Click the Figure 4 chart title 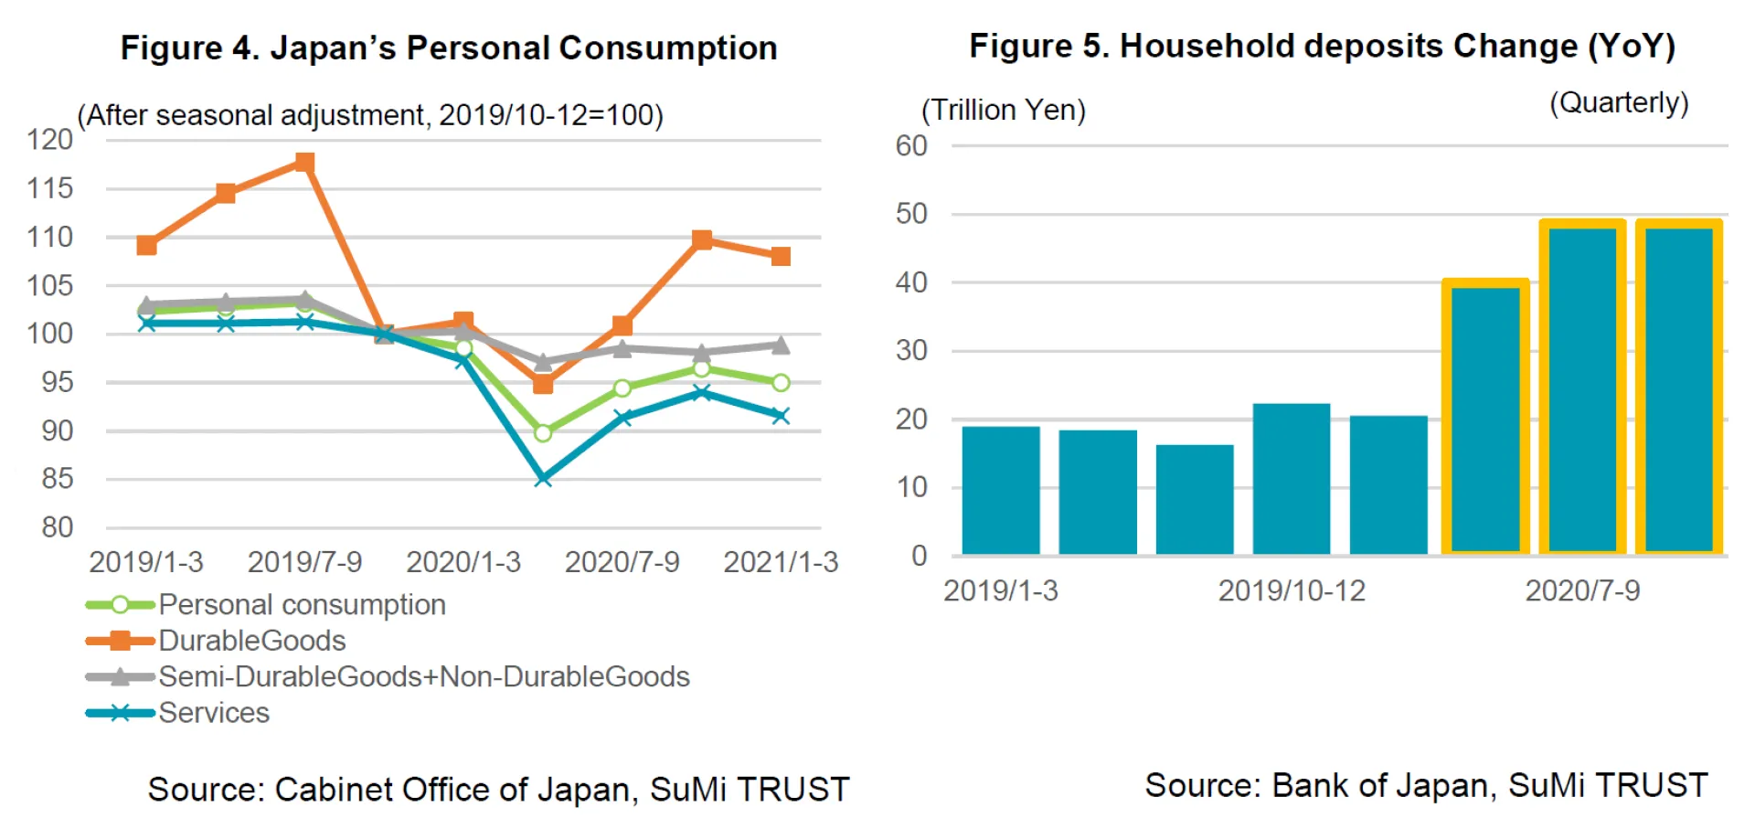click(x=449, y=48)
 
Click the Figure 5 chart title click(x=1322, y=46)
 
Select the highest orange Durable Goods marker click(x=304, y=163)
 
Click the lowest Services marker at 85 click(x=543, y=478)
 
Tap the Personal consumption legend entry click(x=301, y=604)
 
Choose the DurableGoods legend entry click(x=251, y=641)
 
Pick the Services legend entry click(x=213, y=713)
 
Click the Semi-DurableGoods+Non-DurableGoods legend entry click(x=423, y=676)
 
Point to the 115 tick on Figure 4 click(x=49, y=188)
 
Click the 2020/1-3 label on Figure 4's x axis click(x=463, y=561)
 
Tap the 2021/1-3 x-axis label click(x=781, y=561)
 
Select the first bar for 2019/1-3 click(x=1001, y=490)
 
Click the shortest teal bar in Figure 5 click(x=1195, y=499)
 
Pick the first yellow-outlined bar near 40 click(x=1485, y=419)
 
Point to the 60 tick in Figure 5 click(x=911, y=145)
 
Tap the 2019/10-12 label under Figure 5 click(x=1292, y=590)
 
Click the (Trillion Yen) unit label click(x=1003, y=110)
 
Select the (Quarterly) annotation click(x=1619, y=102)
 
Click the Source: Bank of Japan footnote click(x=1426, y=785)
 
